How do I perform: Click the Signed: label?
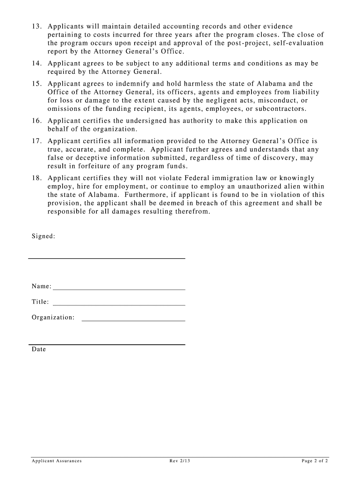pos(43,236)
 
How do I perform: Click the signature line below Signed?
pos(107,258)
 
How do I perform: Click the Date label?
pos(39,349)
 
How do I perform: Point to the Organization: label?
pos(53,318)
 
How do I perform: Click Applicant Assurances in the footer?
pos(57,461)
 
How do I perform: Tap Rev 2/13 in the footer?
pos(180,461)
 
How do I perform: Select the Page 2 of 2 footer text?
pos(315,461)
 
